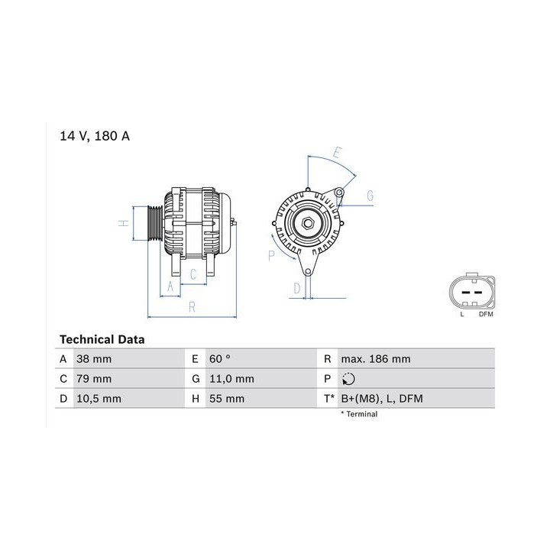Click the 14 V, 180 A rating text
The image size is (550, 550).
click(x=95, y=136)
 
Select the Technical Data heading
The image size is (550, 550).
click(x=102, y=339)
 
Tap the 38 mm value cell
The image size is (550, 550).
click(x=94, y=359)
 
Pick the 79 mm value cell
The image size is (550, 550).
click(x=94, y=379)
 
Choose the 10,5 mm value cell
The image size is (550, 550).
click(x=99, y=399)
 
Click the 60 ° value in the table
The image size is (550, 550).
click(x=220, y=359)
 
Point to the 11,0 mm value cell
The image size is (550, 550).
click(x=232, y=379)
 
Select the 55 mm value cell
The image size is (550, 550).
click(x=227, y=399)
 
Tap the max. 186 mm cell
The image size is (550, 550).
click(x=376, y=359)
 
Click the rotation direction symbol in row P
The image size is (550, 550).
click(x=348, y=379)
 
